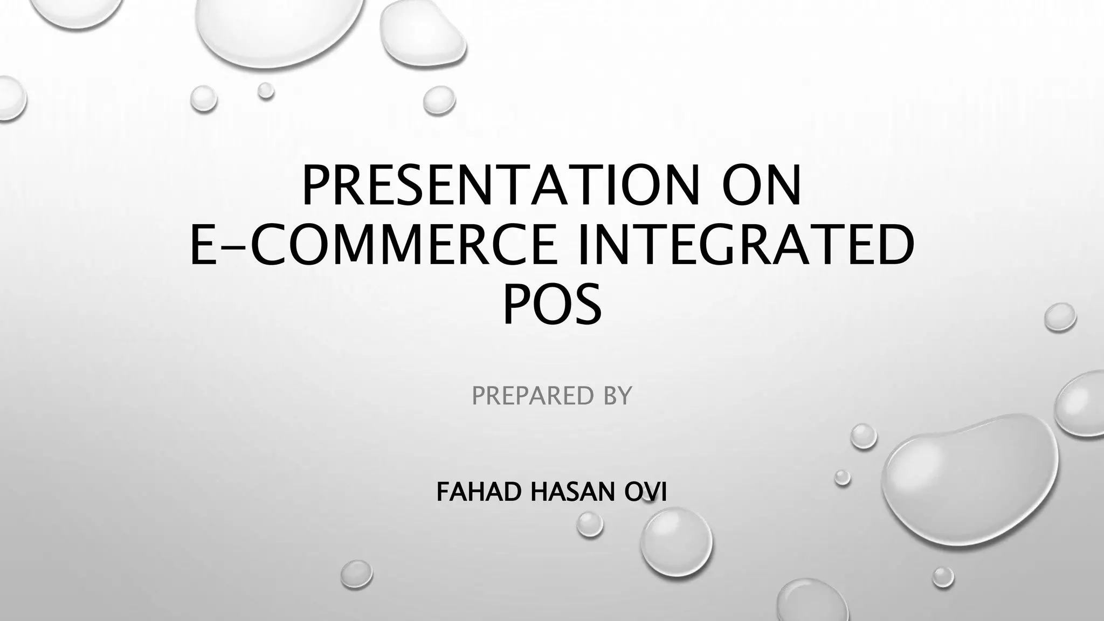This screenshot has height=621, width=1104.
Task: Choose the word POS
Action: [x=552, y=306]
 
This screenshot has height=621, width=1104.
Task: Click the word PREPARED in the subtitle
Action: [x=526, y=396]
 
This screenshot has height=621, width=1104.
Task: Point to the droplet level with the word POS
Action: [x=1060, y=316]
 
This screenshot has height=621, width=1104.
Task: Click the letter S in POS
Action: [x=585, y=306]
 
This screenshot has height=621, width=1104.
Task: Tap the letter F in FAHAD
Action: [x=443, y=492]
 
